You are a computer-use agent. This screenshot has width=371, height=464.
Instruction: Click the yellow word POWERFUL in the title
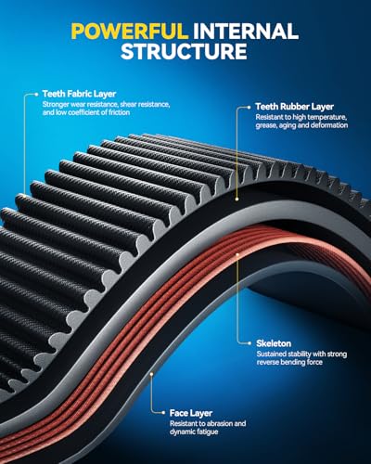coord(130,32)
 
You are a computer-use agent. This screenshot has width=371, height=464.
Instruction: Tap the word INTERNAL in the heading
coord(246,32)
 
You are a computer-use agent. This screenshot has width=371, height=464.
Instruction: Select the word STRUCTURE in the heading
coord(184,51)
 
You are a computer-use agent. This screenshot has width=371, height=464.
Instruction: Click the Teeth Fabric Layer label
coord(79,94)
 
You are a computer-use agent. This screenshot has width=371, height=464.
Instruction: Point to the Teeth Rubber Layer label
coord(294,107)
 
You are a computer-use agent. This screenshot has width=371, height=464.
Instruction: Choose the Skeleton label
coord(274,343)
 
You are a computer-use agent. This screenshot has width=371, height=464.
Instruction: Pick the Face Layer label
coord(191,413)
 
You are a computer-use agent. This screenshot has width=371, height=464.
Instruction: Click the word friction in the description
coord(119,112)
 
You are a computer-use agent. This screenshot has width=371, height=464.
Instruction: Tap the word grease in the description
coord(265,125)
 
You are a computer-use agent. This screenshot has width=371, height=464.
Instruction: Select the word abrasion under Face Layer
coord(221,423)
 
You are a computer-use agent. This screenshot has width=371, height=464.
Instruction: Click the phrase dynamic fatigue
coord(194,432)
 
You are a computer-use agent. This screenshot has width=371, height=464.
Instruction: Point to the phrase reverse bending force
coord(289,362)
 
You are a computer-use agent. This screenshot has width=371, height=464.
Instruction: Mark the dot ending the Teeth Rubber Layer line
coord(237,200)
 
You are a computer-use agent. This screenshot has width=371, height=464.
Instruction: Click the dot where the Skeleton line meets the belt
coord(237,254)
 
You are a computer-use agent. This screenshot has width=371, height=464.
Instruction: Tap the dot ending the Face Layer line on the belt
coord(151,374)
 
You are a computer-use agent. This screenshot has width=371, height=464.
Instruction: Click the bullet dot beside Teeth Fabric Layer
coord(36,94)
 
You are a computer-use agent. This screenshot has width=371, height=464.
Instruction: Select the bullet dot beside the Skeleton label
coord(249,343)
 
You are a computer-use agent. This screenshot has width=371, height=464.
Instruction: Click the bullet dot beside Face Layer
coord(163,413)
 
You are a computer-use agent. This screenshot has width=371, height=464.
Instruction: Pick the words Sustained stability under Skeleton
coord(284,354)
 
